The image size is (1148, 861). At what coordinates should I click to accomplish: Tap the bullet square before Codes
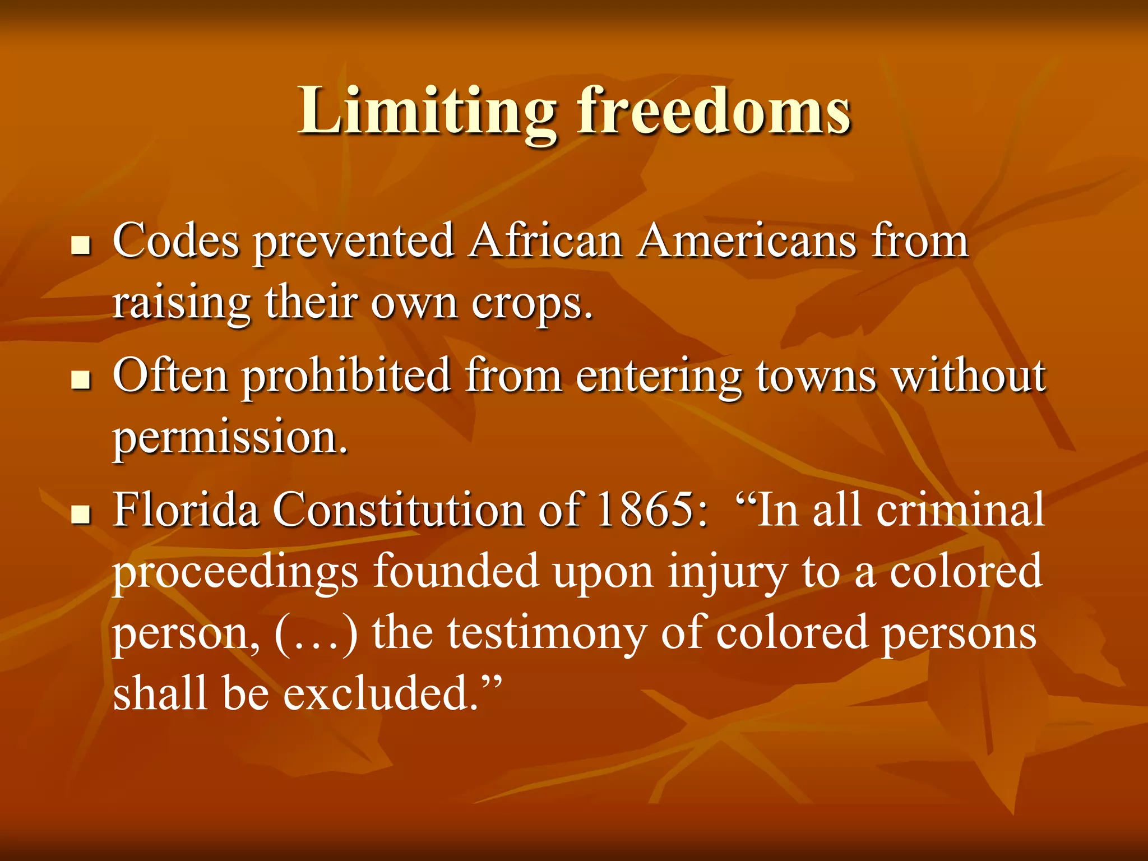(x=81, y=246)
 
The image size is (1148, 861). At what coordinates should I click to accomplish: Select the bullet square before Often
(x=81, y=380)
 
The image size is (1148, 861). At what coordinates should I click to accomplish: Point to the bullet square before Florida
(x=81, y=514)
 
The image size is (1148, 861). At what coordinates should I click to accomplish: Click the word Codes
(x=176, y=241)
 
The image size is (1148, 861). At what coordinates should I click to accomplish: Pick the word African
(x=546, y=241)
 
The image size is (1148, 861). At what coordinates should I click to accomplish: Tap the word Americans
(x=748, y=241)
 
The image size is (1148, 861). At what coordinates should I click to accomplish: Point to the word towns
(x=816, y=376)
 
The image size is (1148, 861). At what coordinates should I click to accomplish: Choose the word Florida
(x=186, y=510)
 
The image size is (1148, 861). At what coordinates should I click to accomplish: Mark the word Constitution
(x=399, y=510)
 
